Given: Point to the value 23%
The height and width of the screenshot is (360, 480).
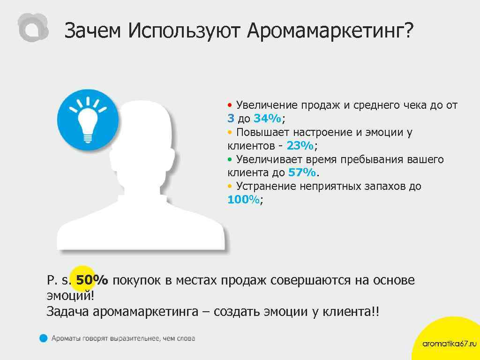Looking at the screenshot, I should coord(300,146).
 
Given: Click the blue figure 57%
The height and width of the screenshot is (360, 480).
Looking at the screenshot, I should coord(302,172).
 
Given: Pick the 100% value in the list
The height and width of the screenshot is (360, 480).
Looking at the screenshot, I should coord(243,200).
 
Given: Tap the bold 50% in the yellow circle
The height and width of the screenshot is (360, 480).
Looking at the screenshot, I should coord(92,280).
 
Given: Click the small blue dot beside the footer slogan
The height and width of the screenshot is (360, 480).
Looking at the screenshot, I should coord(43,337).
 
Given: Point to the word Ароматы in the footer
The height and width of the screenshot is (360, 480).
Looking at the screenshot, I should coord(66,338).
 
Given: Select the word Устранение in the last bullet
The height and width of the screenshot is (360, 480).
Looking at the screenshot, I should coord(265,186).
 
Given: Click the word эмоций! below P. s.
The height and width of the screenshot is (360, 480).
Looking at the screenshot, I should coord(70,296).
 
